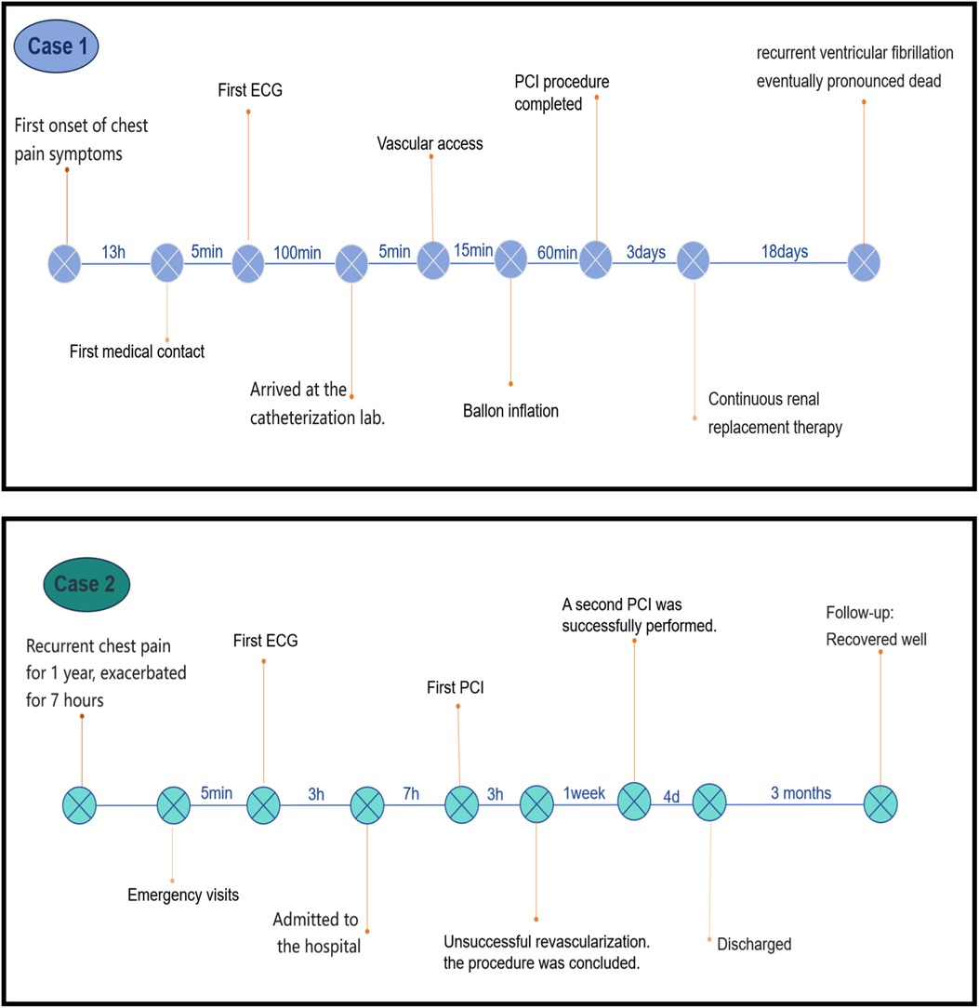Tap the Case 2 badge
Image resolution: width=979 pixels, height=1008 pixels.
86,584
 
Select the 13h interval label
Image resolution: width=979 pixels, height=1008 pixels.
114,251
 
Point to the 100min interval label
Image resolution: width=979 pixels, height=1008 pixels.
296,251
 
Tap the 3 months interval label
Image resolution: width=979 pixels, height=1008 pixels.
800,793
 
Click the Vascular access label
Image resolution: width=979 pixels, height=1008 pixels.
430,143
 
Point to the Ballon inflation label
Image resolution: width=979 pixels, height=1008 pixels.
510,410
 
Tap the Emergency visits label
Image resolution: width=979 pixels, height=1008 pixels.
183,895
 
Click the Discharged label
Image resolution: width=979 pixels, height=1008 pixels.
754,944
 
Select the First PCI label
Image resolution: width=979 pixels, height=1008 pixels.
456,689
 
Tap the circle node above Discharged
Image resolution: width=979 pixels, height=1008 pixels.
709,803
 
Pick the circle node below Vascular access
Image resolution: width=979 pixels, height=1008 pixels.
432,260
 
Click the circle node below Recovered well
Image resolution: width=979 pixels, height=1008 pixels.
880,803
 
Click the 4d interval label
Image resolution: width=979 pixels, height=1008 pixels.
671,793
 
